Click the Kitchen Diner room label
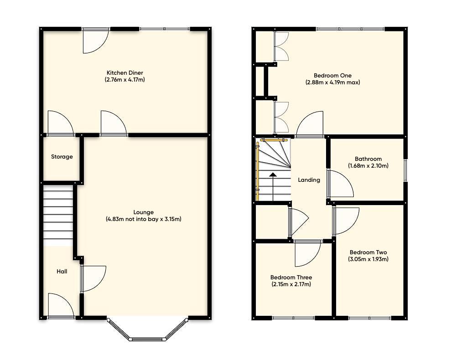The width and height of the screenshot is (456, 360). pos(125,73)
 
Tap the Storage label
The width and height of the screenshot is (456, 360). pos(62,157)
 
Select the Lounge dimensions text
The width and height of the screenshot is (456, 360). pos(143,219)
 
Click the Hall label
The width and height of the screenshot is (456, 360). pos(62,272)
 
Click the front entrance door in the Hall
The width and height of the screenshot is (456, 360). pos(61,306)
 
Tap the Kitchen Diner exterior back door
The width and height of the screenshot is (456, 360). pos(95,40)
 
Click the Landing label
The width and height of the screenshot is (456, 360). pos(309,180)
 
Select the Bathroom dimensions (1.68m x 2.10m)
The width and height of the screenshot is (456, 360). pos(368,166)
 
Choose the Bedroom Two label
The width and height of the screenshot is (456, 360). pos(368,252)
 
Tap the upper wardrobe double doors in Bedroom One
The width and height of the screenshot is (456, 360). pos(280,46)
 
